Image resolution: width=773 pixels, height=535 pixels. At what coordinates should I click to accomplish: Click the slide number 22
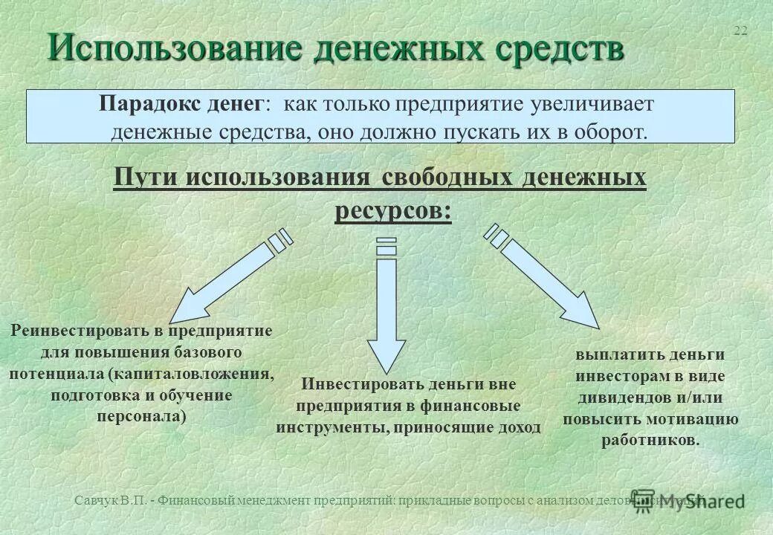[x=740, y=30]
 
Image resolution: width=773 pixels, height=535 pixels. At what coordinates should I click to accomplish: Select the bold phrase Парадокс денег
[x=181, y=104]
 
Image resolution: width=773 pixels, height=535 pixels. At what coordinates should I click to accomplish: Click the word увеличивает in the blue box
[x=590, y=104]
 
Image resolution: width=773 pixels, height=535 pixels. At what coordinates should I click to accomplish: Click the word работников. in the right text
[x=650, y=440]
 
